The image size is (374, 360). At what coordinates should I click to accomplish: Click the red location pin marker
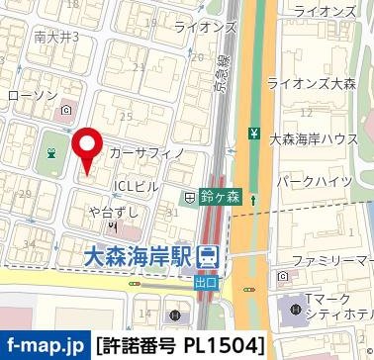pos(88,148)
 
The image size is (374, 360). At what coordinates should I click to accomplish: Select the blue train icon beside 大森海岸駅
pos(208,257)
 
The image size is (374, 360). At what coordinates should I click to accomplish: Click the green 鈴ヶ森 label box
pos(223,198)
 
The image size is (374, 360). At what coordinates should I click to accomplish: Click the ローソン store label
pos(31,95)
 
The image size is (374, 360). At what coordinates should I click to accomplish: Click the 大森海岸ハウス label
pos(315,142)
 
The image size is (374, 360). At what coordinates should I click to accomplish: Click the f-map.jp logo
pos(45,345)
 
